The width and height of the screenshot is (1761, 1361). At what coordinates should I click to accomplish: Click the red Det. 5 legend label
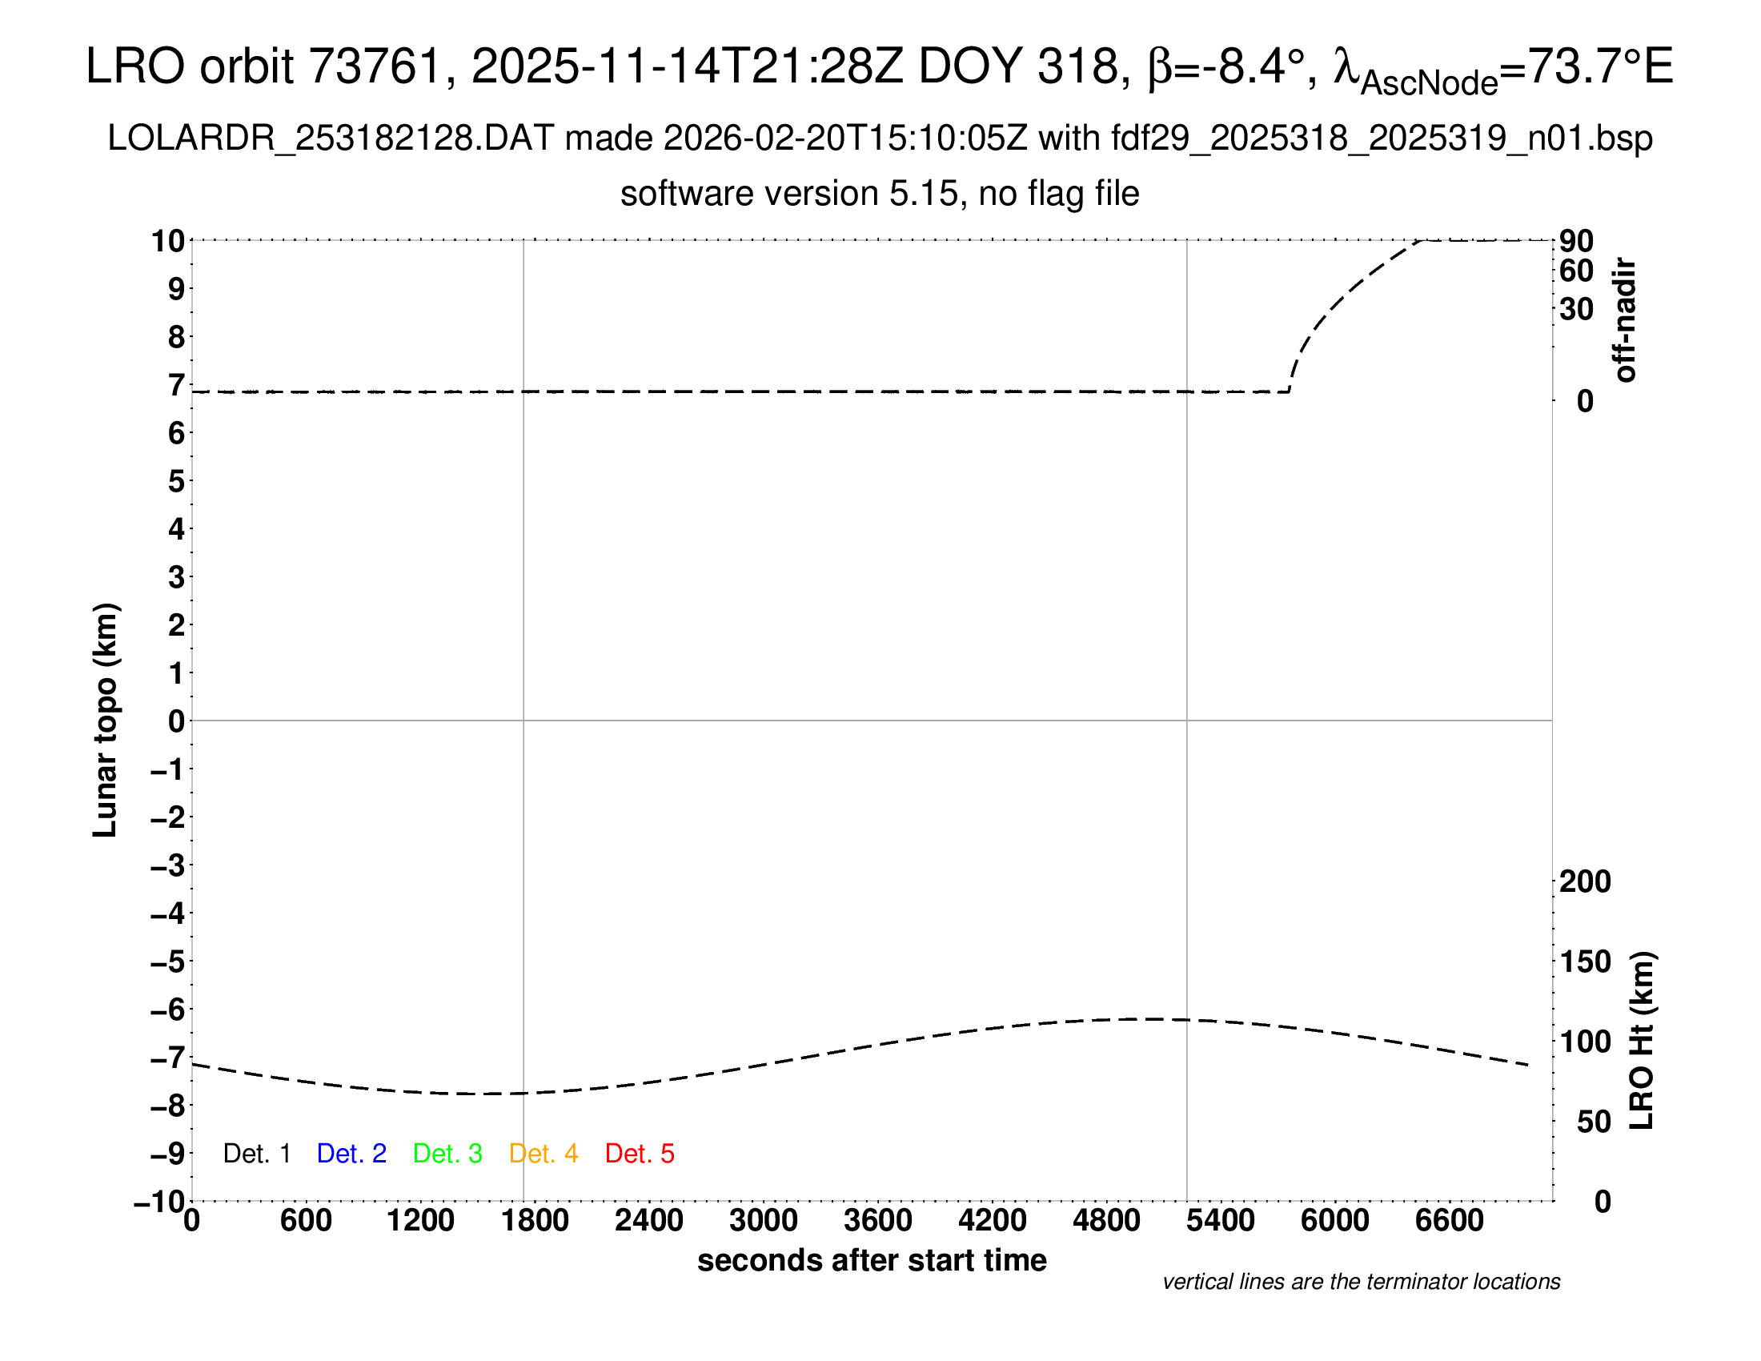click(x=640, y=1153)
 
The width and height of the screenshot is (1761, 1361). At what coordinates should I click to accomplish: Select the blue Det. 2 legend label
click(x=351, y=1153)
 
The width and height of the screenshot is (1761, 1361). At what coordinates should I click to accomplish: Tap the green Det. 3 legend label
click(x=447, y=1153)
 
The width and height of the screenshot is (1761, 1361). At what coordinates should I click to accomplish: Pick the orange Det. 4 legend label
click(x=544, y=1153)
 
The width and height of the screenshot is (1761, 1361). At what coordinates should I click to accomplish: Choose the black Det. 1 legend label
click(x=256, y=1153)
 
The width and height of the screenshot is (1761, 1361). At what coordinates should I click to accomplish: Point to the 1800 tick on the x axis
click(x=535, y=1220)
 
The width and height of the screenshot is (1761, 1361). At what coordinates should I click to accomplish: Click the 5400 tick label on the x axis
click(x=1220, y=1220)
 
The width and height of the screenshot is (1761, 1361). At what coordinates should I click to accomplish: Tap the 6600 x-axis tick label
click(x=1449, y=1220)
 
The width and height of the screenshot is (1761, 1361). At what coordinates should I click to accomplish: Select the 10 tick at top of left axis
click(x=169, y=240)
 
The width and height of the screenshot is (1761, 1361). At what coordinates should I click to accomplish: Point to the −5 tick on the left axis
click(x=169, y=961)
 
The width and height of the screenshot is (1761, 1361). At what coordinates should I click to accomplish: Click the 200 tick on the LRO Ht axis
click(x=1584, y=881)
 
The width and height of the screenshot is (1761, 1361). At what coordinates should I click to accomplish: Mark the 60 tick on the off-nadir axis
click(x=1576, y=271)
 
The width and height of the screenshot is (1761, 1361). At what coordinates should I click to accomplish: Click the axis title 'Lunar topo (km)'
click(x=106, y=720)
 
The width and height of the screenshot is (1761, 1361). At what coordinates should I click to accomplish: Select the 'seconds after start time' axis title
click(x=872, y=1260)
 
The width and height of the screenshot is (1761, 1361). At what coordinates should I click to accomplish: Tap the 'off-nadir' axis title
click(x=1625, y=320)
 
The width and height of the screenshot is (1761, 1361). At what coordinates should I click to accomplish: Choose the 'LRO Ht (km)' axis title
click(x=1641, y=1040)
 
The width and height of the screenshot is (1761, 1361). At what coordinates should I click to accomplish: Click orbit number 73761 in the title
click(x=375, y=66)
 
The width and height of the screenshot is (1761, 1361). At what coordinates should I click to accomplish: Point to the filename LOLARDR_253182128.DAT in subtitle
click(x=331, y=139)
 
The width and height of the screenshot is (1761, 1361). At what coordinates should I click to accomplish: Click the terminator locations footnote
click(x=1361, y=1282)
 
